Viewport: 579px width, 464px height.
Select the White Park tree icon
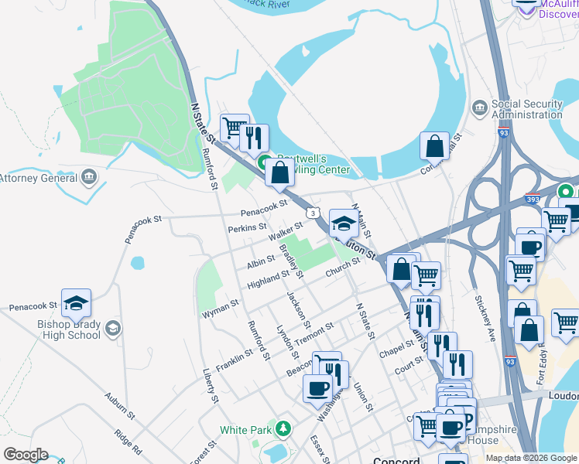coord(285,428)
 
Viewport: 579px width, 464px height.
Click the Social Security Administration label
coord(527,109)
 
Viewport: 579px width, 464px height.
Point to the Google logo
coord(26,454)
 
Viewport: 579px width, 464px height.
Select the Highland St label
coord(268,278)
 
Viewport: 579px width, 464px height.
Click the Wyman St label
coord(221,309)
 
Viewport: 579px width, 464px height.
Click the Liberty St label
coord(209,385)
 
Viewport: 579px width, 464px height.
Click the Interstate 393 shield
coord(533,198)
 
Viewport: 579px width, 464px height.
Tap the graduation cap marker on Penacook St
coord(77,303)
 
